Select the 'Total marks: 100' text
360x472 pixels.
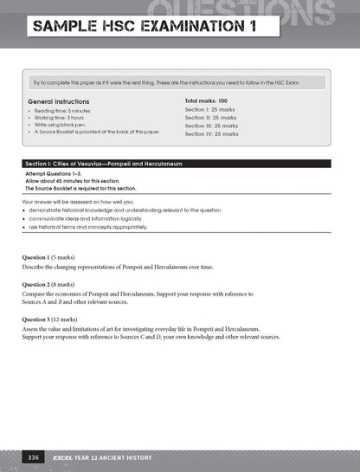point(212,101)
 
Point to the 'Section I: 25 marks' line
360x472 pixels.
point(211,110)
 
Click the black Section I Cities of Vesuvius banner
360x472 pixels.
point(179,164)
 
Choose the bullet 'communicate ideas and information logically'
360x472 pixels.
point(93,219)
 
